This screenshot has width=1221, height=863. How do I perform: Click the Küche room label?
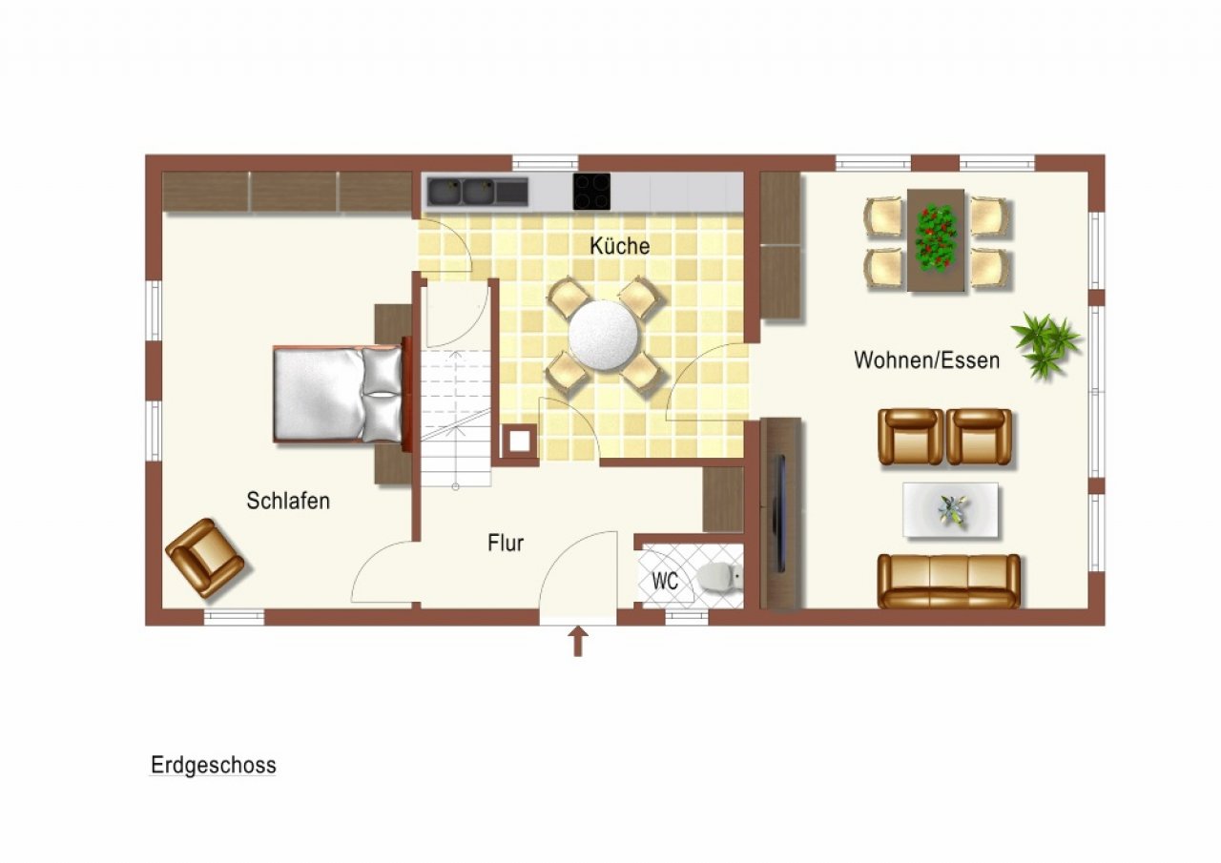[x=620, y=246]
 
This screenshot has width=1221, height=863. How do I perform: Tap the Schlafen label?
[x=288, y=501]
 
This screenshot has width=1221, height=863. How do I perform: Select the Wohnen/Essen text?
[x=926, y=360]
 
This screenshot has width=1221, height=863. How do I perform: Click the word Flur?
[x=506, y=543]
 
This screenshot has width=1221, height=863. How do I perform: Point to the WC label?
[x=665, y=582]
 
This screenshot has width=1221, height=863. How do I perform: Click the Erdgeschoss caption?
[x=213, y=765]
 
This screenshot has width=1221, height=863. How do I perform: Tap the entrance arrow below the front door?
[x=578, y=642]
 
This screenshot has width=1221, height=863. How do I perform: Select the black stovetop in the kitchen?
[x=591, y=192]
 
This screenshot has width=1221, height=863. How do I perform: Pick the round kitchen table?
[x=604, y=335]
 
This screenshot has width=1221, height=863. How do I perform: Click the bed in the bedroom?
[x=338, y=395]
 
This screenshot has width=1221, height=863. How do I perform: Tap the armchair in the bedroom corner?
[x=204, y=558]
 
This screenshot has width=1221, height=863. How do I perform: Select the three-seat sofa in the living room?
[x=948, y=581]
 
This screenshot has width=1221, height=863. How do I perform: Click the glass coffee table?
[x=950, y=510]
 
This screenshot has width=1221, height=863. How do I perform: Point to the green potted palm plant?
[x=1045, y=344]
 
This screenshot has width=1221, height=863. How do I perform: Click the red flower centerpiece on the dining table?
[x=935, y=238]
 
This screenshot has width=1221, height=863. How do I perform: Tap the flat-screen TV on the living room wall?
[x=780, y=513]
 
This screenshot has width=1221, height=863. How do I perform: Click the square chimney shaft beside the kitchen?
[x=520, y=442]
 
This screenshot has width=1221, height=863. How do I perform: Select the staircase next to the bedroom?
[x=456, y=418]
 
